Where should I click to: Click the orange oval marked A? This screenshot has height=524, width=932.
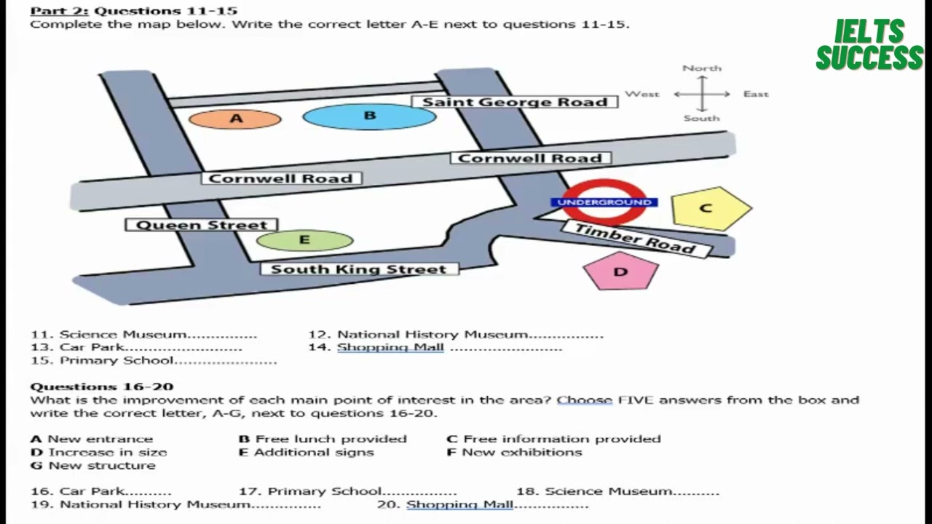(235, 119)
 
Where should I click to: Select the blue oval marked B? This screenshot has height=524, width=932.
(369, 116)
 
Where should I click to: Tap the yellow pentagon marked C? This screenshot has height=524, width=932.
(711, 208)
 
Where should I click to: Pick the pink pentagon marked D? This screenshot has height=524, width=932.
(621, 271)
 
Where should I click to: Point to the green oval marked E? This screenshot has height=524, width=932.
(305, 240)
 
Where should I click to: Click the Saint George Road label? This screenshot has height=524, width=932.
(515, 102)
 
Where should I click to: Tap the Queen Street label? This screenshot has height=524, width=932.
(202, 225)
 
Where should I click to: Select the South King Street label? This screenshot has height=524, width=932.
(360, 269)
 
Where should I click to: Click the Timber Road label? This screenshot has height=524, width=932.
(636, 239)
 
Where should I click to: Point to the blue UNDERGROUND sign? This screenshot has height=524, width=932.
(604, 202)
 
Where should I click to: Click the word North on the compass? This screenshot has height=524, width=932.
(702, 68)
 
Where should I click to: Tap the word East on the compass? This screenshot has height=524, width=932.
(756, 94)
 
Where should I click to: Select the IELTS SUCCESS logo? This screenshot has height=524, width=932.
(869, 44)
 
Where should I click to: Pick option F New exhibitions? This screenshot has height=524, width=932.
(514, 452)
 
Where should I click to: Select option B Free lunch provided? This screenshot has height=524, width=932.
(323, 439)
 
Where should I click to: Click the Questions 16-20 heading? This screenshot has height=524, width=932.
(102, 386)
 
